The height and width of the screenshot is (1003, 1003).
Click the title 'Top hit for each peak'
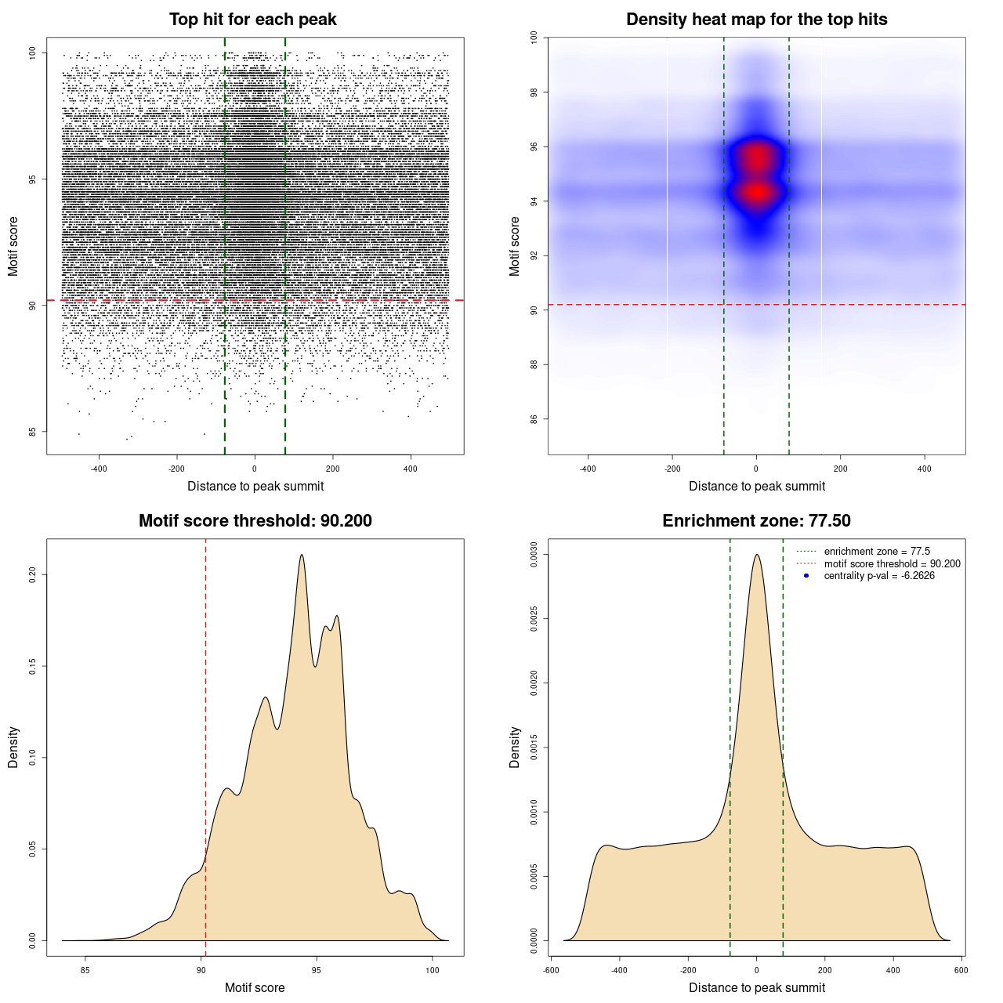click(252, 20)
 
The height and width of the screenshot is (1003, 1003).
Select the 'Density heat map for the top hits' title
click(756, 20)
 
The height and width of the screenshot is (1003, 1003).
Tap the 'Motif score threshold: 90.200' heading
click(255, 521)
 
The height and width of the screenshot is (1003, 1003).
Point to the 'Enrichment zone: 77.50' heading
click(756, 521)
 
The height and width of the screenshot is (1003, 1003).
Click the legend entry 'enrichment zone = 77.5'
click(877, 552)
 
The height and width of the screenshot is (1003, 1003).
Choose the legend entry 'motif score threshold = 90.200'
click(892, 564)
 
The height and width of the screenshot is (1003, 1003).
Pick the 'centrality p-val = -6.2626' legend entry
click(879, 576)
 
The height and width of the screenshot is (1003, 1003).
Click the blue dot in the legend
click(806, 576)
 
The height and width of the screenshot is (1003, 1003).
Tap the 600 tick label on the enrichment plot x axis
click(961, 970)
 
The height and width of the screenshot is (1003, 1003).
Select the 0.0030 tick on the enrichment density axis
click(534, 555)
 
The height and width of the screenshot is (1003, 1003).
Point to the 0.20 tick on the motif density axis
click(33, 574)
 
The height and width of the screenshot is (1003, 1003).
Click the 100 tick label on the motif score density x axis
click(433, 970)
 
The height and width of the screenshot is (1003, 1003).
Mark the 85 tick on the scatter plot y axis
click(33, 431)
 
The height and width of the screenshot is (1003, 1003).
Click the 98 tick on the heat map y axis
click(534, 92)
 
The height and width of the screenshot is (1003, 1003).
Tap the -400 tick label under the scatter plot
click(99, 469)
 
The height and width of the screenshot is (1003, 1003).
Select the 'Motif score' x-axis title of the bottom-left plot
click(255, 987)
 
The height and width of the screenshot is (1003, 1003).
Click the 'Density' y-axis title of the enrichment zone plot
click(515, 747)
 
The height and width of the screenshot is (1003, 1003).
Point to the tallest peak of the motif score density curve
click(302, 556)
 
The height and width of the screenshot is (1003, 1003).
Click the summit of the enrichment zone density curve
click(757, 556)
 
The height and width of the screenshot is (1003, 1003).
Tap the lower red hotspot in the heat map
click(756, 191)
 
